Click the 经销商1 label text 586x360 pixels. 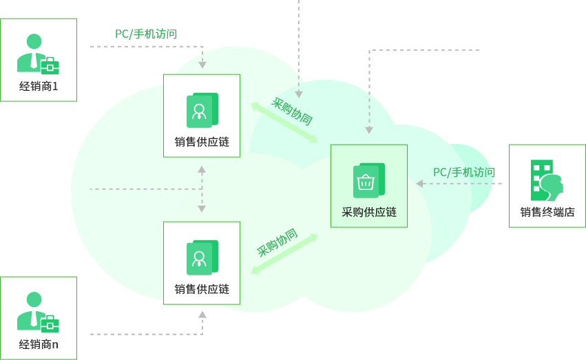point(39,87)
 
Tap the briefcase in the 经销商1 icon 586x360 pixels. point(50,66)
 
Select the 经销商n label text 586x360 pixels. point(39,344)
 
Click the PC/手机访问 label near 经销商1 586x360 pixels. point(146,33)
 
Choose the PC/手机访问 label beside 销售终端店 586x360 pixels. point(463,172)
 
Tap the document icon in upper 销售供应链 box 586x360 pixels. point(202,110)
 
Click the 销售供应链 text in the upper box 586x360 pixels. point(202,142)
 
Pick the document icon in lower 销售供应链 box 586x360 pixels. point(202,257)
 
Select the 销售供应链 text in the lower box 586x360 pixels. point(202,289)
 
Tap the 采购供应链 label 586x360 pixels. point(369,212)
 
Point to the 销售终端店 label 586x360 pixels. point(547,212)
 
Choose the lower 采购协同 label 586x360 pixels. point(277,242)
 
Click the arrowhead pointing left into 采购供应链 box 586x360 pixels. point(419,183)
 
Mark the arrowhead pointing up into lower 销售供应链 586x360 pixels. point(202,314)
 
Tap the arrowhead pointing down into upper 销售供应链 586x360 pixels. point(202,65)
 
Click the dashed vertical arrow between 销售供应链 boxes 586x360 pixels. point(202,189)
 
